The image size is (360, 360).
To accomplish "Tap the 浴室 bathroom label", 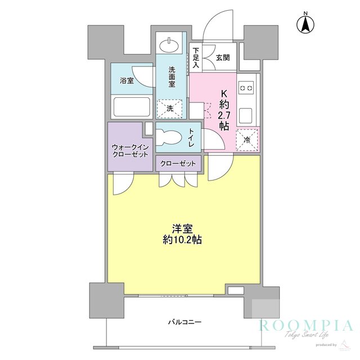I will (127, 80).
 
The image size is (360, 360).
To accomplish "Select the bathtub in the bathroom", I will (132, 107).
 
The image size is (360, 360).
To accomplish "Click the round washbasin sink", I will (170, 45).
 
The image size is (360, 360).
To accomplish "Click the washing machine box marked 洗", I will (170, 108).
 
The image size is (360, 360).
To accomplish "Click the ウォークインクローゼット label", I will (130, 151).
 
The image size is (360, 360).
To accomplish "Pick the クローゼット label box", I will (178, 163).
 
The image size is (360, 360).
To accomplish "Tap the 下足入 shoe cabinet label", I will (196, 56).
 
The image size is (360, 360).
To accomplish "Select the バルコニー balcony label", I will (184, 322).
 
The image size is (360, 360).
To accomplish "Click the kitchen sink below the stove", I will (246, 115).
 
